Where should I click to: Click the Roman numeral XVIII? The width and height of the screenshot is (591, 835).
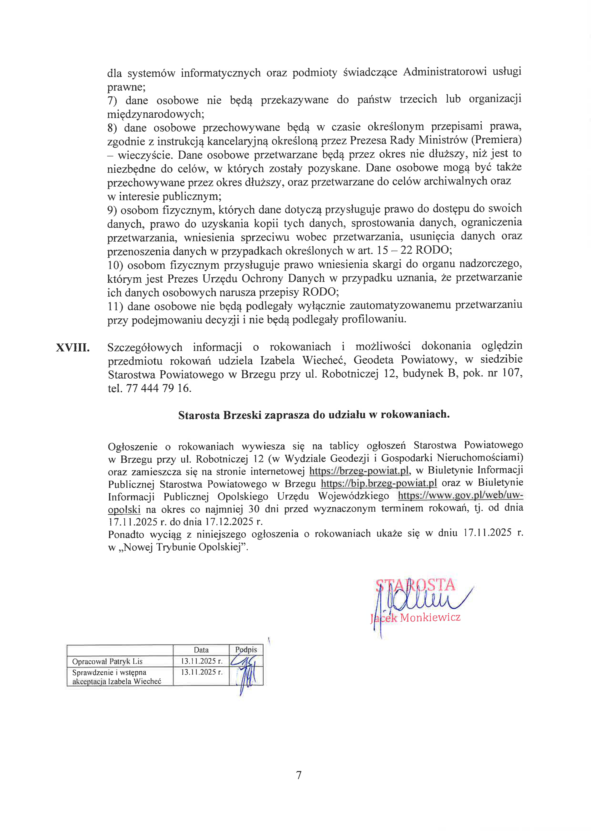(72, 348)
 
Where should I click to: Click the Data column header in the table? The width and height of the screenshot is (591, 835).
(201, 650)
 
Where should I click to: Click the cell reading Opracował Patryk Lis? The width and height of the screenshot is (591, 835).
(107, 661)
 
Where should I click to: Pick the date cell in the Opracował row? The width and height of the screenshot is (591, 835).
(201, 661)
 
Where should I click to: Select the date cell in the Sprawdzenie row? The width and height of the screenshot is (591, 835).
(201, 672)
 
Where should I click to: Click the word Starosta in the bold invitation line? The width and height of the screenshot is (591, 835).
(199, 415)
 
